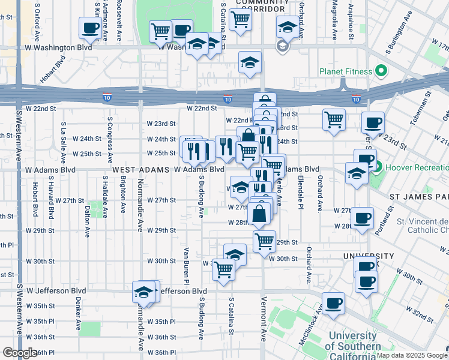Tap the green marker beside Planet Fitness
[381, 71]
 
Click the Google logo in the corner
[19, 353]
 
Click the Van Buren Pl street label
[187, 266]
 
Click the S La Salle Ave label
[63, 143]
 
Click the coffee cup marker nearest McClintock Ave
[333, 303]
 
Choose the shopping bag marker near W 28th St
[259, 214]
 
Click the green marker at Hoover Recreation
[378, 163]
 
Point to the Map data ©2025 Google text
[412, 355]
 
